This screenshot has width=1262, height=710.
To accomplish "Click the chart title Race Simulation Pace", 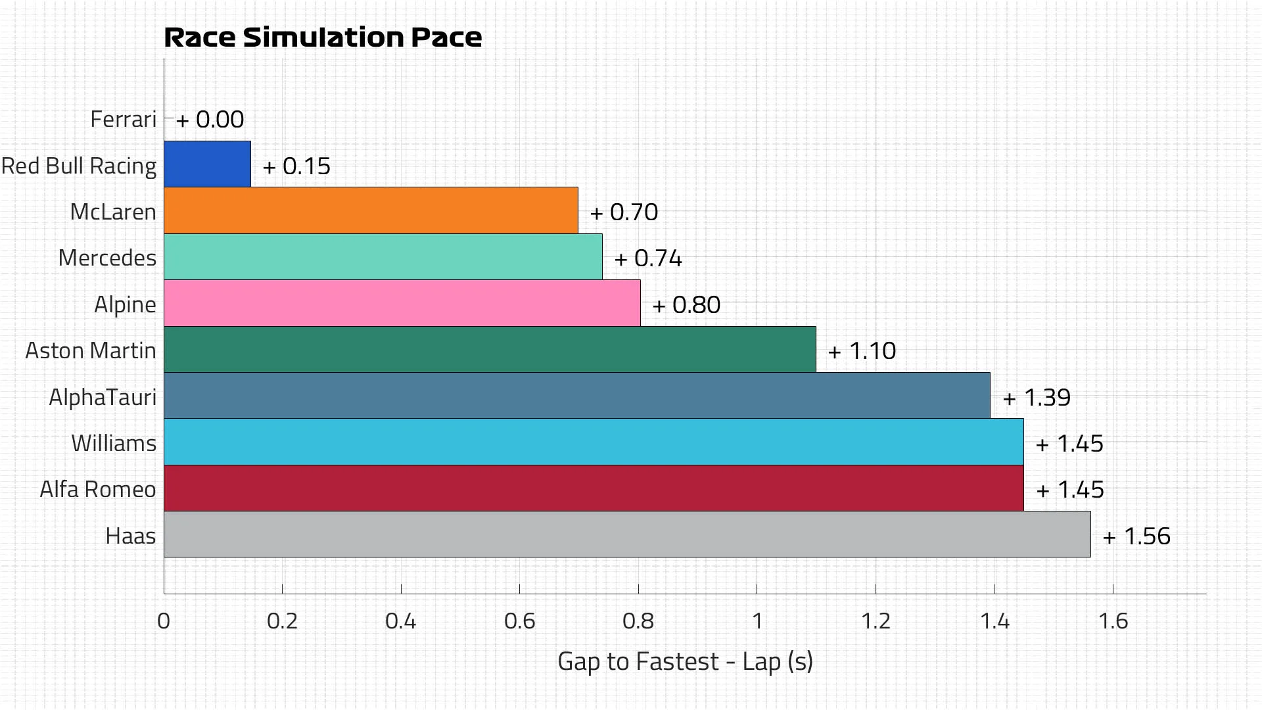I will coord(323,37).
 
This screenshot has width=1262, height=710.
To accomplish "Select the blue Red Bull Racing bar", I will coord(207,164).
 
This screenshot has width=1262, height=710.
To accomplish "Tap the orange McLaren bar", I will coord(371,210).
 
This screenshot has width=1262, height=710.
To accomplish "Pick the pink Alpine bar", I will coord(402,303).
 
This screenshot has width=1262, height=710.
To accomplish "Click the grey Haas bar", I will coord(627,534).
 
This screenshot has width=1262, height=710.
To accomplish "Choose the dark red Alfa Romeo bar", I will coord(594,488).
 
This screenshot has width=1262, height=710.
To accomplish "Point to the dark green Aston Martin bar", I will coord(490,349).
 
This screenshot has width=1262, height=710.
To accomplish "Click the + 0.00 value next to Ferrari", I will coord(210,120).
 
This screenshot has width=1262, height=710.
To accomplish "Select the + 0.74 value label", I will coord(648,258).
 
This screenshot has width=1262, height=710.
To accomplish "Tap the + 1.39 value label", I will coord(1037,397).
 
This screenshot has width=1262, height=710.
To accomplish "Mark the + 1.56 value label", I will coord(1136,536).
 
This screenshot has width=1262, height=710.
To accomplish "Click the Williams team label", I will coord(114,443).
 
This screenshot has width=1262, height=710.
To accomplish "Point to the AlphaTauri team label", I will coord(103,397).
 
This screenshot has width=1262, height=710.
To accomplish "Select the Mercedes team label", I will coord(107,258).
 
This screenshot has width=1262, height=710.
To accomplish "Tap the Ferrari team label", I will coord(124,119).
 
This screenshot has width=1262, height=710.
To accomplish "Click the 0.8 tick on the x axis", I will coord(638,621).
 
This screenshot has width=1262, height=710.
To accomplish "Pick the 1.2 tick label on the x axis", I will coord(876,621).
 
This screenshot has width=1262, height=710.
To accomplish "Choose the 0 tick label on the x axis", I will coord(164,621).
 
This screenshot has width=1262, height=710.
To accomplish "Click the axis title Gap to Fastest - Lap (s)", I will coord(685,661).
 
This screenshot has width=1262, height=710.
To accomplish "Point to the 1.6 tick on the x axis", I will coord(1113,621).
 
